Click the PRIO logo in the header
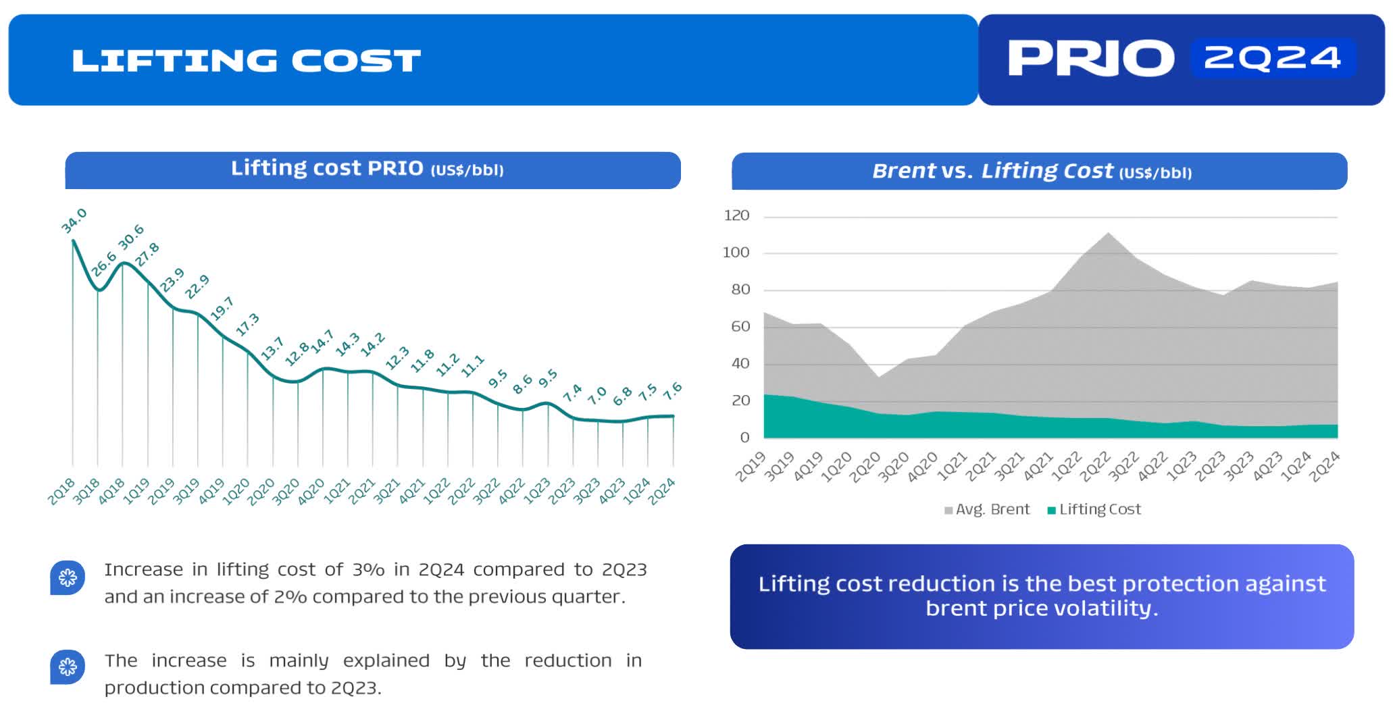[x=1090, y=58]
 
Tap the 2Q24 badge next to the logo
[x=1272, y=58]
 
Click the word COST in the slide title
[x=355, y=61]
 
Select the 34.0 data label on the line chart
[x=74, y=221]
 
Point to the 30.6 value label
[x=131, y=236]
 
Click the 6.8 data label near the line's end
[x=622, y=396]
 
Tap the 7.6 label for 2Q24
[x=672, y=390]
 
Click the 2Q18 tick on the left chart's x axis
[x=61, y=491]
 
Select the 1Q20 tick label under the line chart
[x=236, y=491]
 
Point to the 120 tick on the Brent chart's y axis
[x=736, y=215]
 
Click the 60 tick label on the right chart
[x=740, y=326]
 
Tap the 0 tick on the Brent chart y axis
[x=744, y=438]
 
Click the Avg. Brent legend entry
[x=987, y=509]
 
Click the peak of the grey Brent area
[x=1108, y=234]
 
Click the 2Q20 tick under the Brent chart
[x=865, y=466]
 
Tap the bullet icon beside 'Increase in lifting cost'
[x=68, y=577]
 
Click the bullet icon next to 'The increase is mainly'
[x=68, y=667]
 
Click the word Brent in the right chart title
[x=903, y=171]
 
